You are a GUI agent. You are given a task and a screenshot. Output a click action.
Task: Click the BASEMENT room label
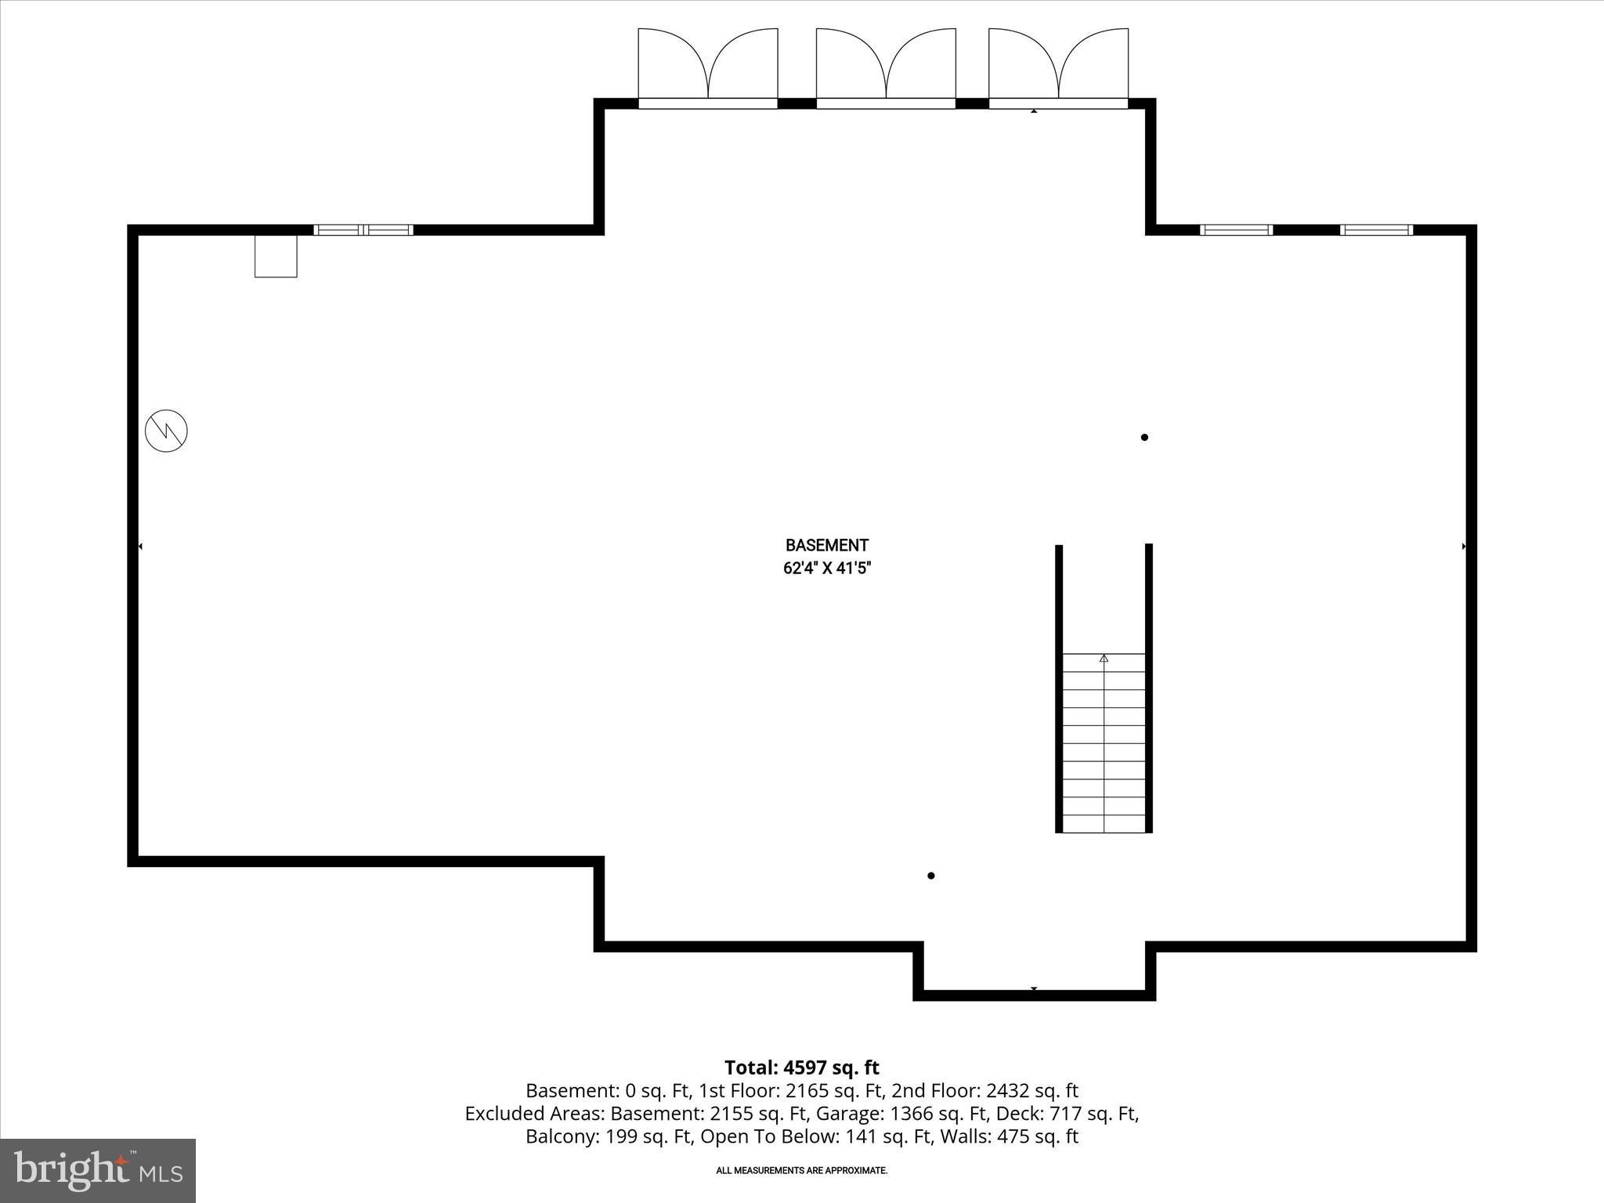click(826, 545)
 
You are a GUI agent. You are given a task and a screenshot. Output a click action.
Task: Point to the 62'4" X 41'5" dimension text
click(826, 569)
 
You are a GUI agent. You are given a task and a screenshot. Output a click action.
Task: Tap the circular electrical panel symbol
click(167, 430)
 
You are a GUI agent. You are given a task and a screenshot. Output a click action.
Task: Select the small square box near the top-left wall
click(276, 256)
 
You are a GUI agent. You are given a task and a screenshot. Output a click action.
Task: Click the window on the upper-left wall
click(363, 230)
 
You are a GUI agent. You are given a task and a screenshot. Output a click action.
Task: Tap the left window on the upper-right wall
click(1236, 230)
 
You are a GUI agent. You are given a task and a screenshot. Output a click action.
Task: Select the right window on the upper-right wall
click(1376, 230)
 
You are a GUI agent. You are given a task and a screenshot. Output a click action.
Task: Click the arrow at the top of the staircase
click(1104, 659)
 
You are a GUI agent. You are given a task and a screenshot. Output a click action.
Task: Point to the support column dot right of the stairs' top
click(1144, 438)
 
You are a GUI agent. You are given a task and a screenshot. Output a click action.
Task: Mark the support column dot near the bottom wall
click(930, 876)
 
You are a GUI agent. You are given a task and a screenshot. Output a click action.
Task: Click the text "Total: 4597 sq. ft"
click(801, 1068)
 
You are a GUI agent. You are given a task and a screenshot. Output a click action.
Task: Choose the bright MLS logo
click(98, 1170)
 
